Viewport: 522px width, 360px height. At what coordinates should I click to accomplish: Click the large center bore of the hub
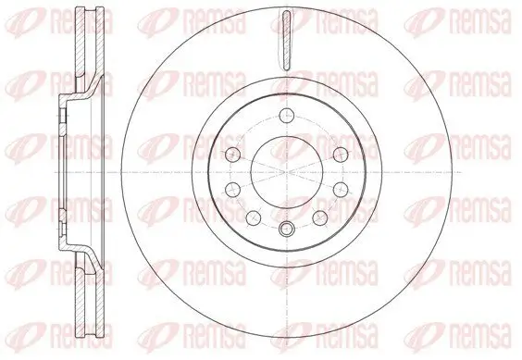point(285,173)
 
